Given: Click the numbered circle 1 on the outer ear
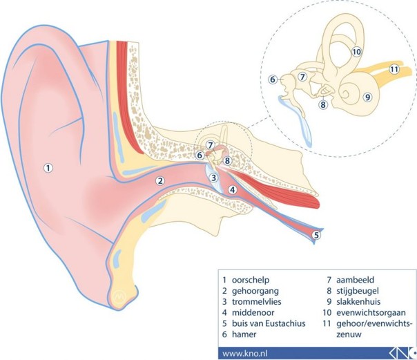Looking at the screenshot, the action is tap(48, 168).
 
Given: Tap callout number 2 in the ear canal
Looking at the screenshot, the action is tap(160, 181).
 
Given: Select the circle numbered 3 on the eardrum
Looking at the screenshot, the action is tap(213, 178).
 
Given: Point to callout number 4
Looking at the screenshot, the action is tap(233, 190).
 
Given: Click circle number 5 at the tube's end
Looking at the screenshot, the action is tap(316, 235).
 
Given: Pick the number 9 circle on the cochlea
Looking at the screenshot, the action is tap(367, 97).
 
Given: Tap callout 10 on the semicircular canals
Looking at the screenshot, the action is tap(357, 52).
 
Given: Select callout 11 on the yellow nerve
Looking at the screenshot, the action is tap(394, 70).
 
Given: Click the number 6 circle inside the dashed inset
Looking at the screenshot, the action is tap(273, 79).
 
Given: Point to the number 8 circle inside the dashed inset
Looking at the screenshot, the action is tap(323, 104).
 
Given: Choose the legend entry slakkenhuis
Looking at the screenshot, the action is tap(358, 302).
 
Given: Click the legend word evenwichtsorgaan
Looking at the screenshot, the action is tap(371, 312).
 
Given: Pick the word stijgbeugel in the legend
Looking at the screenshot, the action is tap(358, 291).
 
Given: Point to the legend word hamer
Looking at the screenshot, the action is tap(244, 334).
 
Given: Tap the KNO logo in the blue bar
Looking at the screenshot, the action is tap(403, 354).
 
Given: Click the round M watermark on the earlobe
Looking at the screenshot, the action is tap(119, 296).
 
